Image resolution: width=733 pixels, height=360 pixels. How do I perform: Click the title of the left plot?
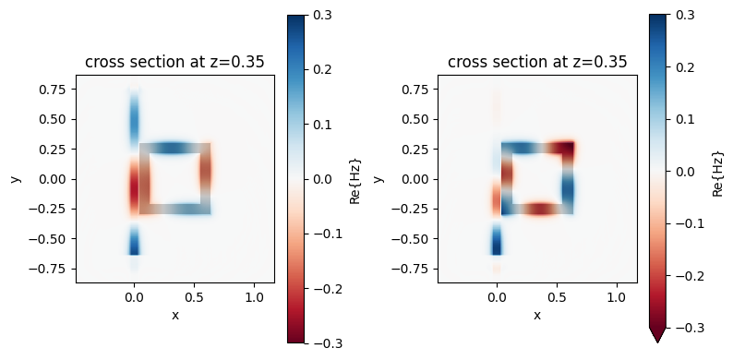(174, 63)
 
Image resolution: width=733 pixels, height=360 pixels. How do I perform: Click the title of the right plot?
(537, 63)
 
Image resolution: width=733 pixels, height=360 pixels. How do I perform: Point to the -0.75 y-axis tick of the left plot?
(53, 269)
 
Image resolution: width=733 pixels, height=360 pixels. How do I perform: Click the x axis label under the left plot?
(174, 315)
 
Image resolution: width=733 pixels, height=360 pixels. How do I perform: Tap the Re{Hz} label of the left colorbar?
(356, 179)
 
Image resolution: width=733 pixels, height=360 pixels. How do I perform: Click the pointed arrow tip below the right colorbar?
(657, 338)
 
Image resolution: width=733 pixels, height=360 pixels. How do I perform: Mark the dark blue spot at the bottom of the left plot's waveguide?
(134, 245)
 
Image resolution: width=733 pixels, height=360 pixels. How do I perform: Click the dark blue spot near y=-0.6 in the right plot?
(497, 246)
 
